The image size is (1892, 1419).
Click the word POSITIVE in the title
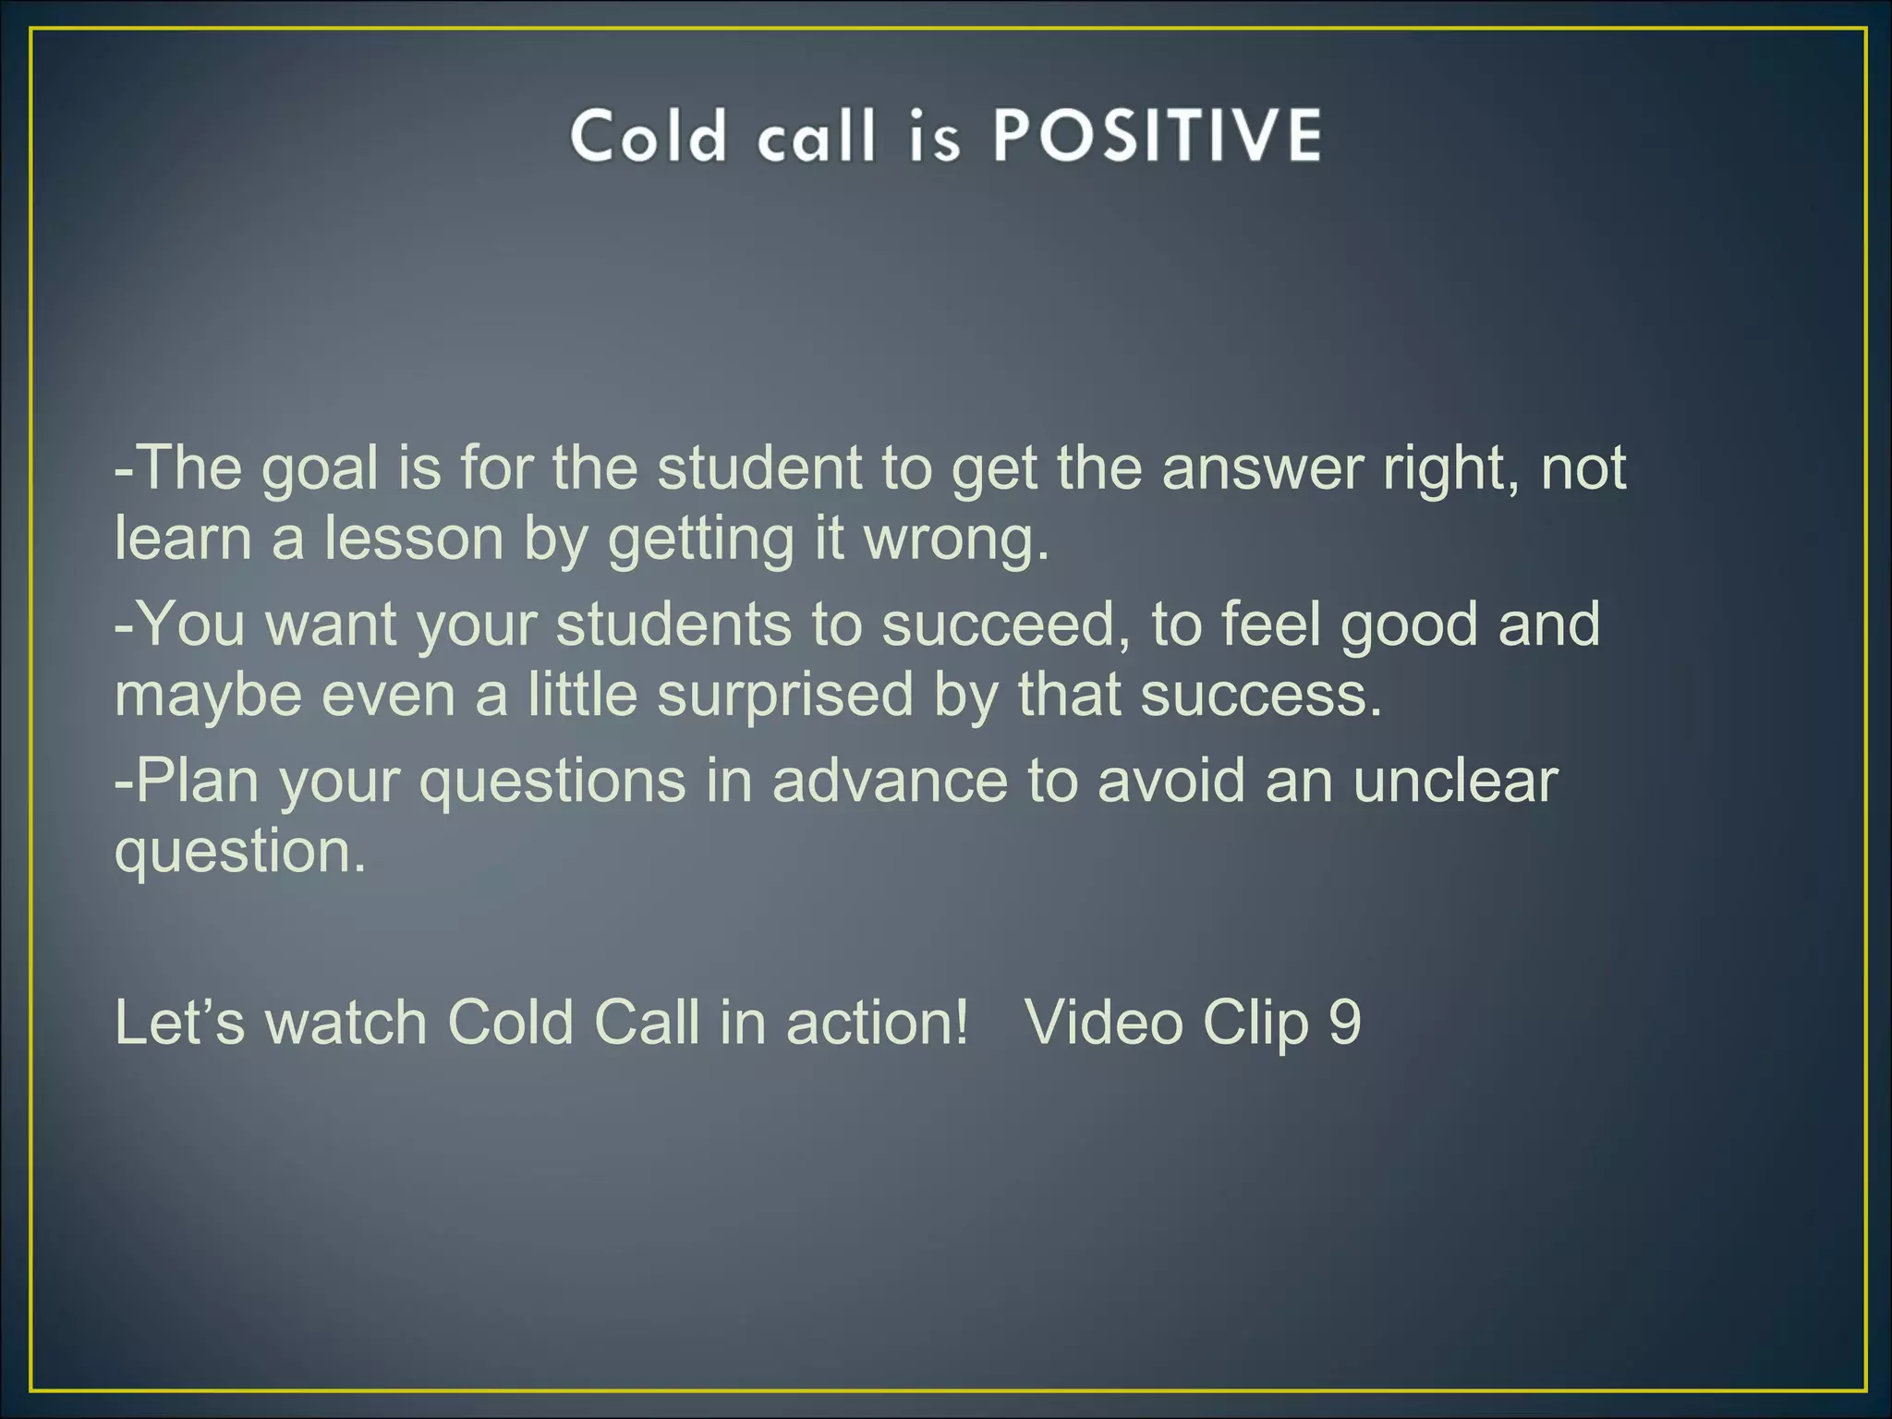[1157, 136]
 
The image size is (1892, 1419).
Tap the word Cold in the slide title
[648, 136]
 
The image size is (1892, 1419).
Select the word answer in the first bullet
[1262, 468]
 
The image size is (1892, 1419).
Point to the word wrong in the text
[956, 539]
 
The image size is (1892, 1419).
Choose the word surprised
[785, 695]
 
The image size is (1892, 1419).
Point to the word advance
[890, 781]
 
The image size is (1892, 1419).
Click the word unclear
[1455, 781]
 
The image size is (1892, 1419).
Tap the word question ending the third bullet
[239, 851]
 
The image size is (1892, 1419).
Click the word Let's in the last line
[180, 1023]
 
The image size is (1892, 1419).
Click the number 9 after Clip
[1344, 1023]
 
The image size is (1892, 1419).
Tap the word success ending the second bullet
[1261, 695]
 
